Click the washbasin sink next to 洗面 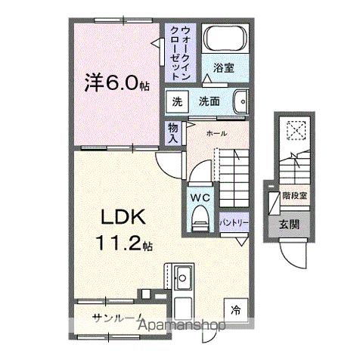click(x=241, y=101)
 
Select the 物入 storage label click(x=173, y=133)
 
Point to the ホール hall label click(x=216, y=132)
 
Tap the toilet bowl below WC click(x=200, y=219)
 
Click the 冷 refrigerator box click(x=237, y=309)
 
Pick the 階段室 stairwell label click(x=295, y=194)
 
